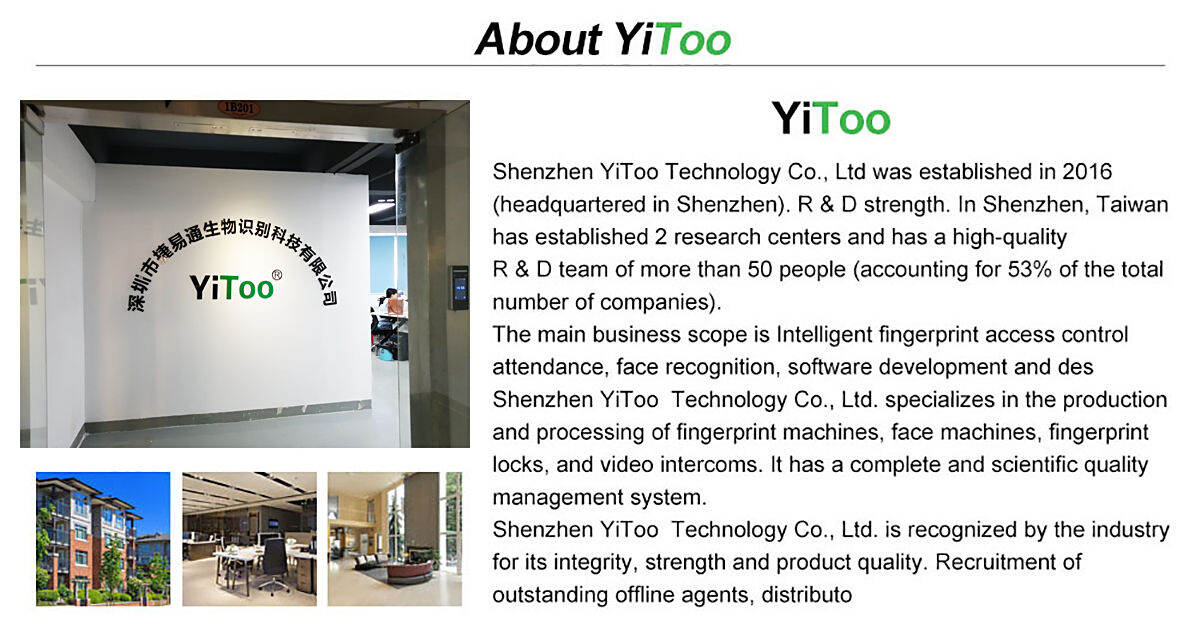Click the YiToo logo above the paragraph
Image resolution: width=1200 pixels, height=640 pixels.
click(x=830, y=119)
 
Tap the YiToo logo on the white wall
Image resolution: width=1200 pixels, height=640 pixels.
click(x=233, y=287)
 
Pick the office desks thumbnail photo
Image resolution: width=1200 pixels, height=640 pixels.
click(x=249, y=539)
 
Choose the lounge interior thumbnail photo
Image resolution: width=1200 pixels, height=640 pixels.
click(x=395, y=539)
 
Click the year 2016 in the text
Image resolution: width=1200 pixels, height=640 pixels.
click(x=1088, y=172)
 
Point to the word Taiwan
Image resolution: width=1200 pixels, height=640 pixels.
click(x=1133, y=205)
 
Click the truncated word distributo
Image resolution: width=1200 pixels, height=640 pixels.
click(x=806, y=595)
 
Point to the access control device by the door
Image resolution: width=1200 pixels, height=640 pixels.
click(x=459, y=287)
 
